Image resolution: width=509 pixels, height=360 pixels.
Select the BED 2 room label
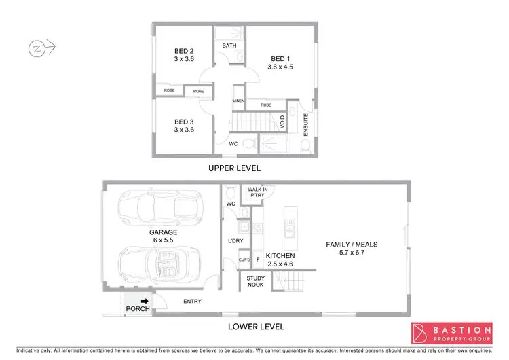[x=184, y=55]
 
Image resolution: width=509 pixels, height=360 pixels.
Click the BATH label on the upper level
[x=229, y=46]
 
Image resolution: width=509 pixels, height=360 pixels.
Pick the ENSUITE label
[x=306, y=124]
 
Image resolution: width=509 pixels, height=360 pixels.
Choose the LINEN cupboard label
[x=239, y=101]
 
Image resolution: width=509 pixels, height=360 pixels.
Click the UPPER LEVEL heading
[x=234, y=168]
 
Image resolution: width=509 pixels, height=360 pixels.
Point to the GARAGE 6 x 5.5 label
[x=163, y=236]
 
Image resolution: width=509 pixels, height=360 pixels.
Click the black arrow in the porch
[x=144, y=302]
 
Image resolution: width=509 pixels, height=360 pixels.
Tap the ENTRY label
[x=192, y=302]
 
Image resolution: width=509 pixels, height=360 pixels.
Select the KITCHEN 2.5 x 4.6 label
[x=279, y=259]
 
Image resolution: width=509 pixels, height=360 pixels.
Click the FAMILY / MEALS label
[x=352, y=249]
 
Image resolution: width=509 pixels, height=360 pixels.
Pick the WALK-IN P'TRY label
[x=258, y=192]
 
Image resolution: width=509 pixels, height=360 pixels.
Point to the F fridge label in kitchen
[x=258, y=259]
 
